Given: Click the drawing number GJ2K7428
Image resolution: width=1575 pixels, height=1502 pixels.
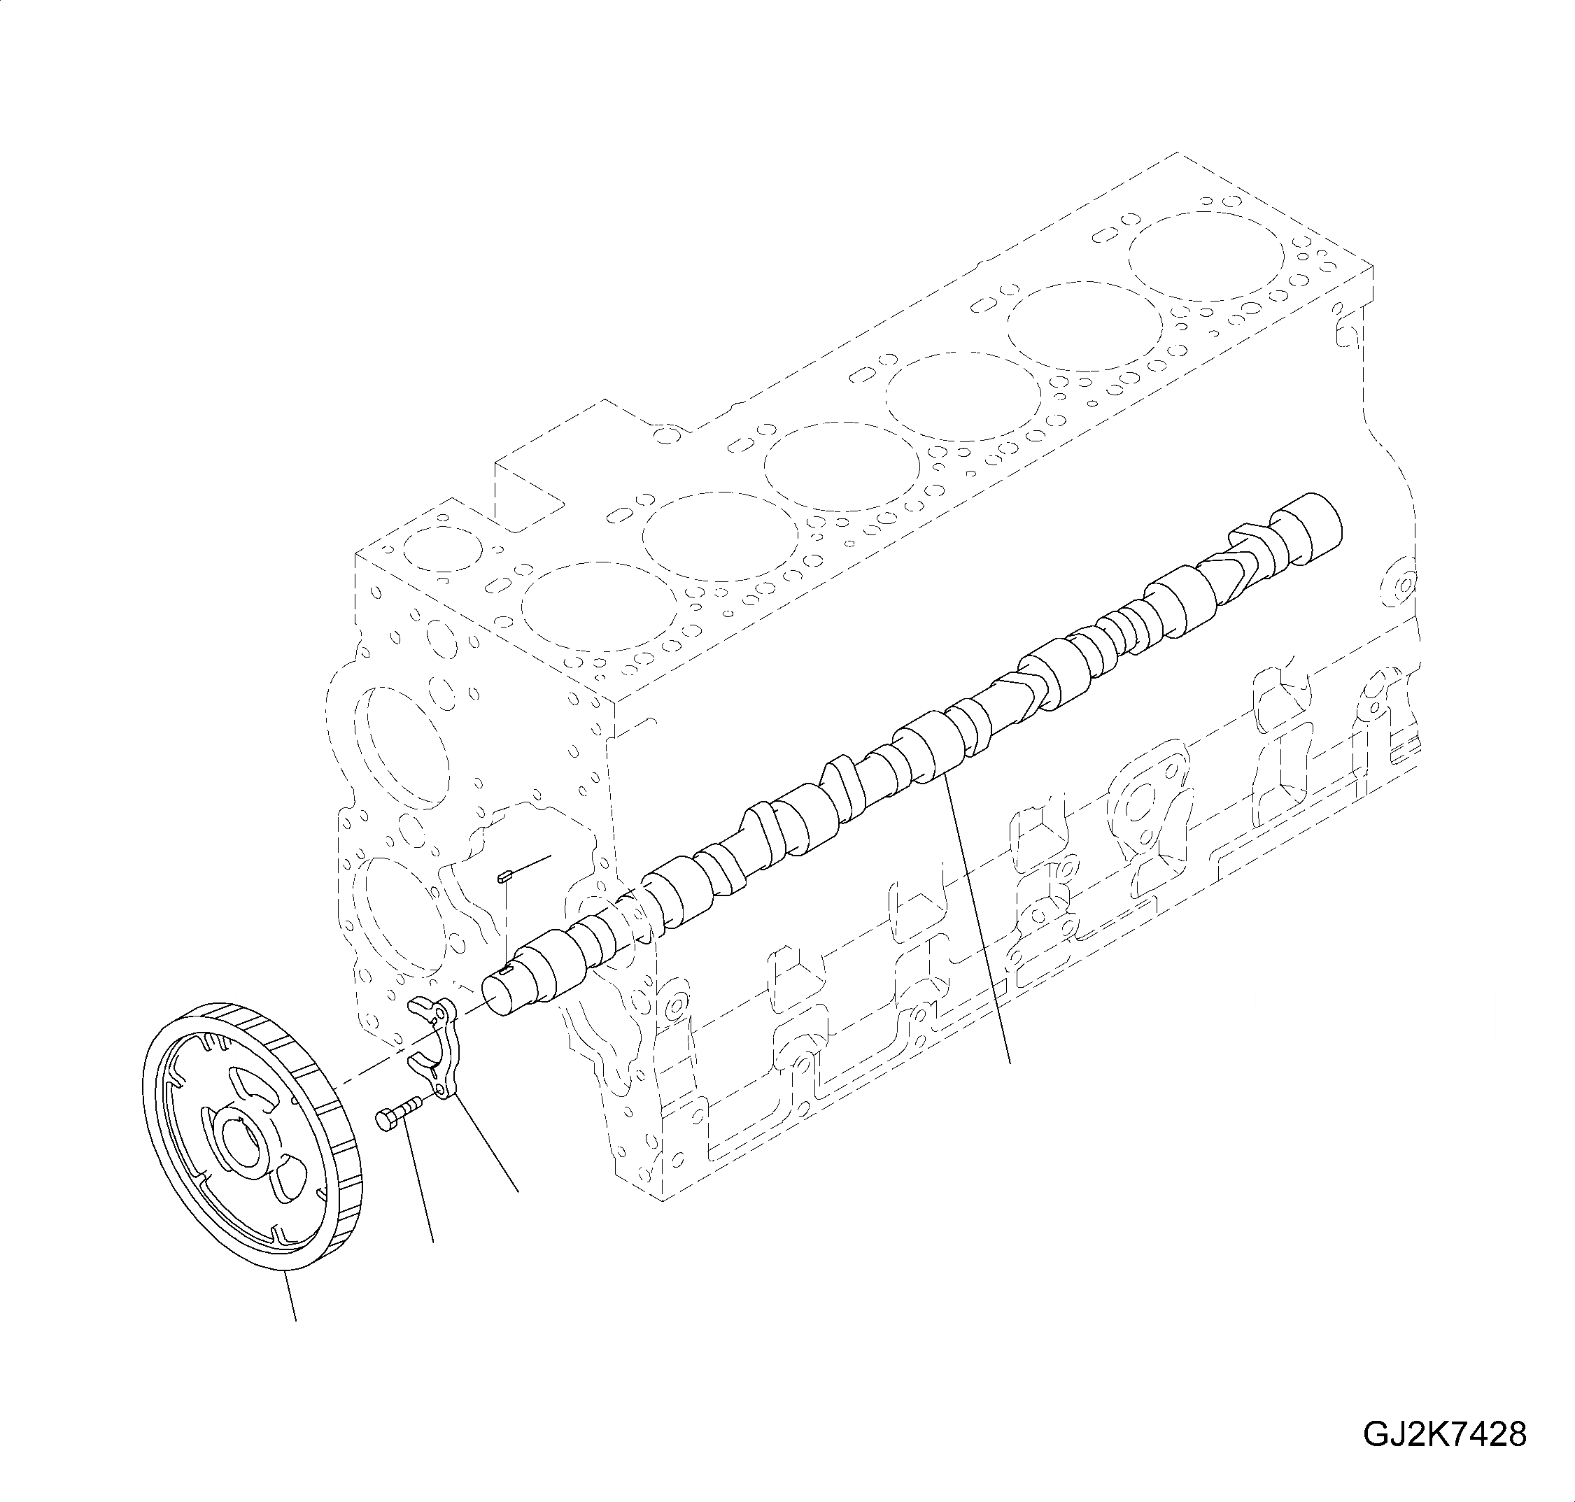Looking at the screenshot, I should [1444, 1435].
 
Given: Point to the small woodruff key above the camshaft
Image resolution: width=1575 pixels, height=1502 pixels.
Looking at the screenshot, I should [503, 877].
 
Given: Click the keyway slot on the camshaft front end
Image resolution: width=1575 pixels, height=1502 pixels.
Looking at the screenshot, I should [504, 970].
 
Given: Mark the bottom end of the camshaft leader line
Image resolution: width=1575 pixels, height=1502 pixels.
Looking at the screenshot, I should [1010, 1063].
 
